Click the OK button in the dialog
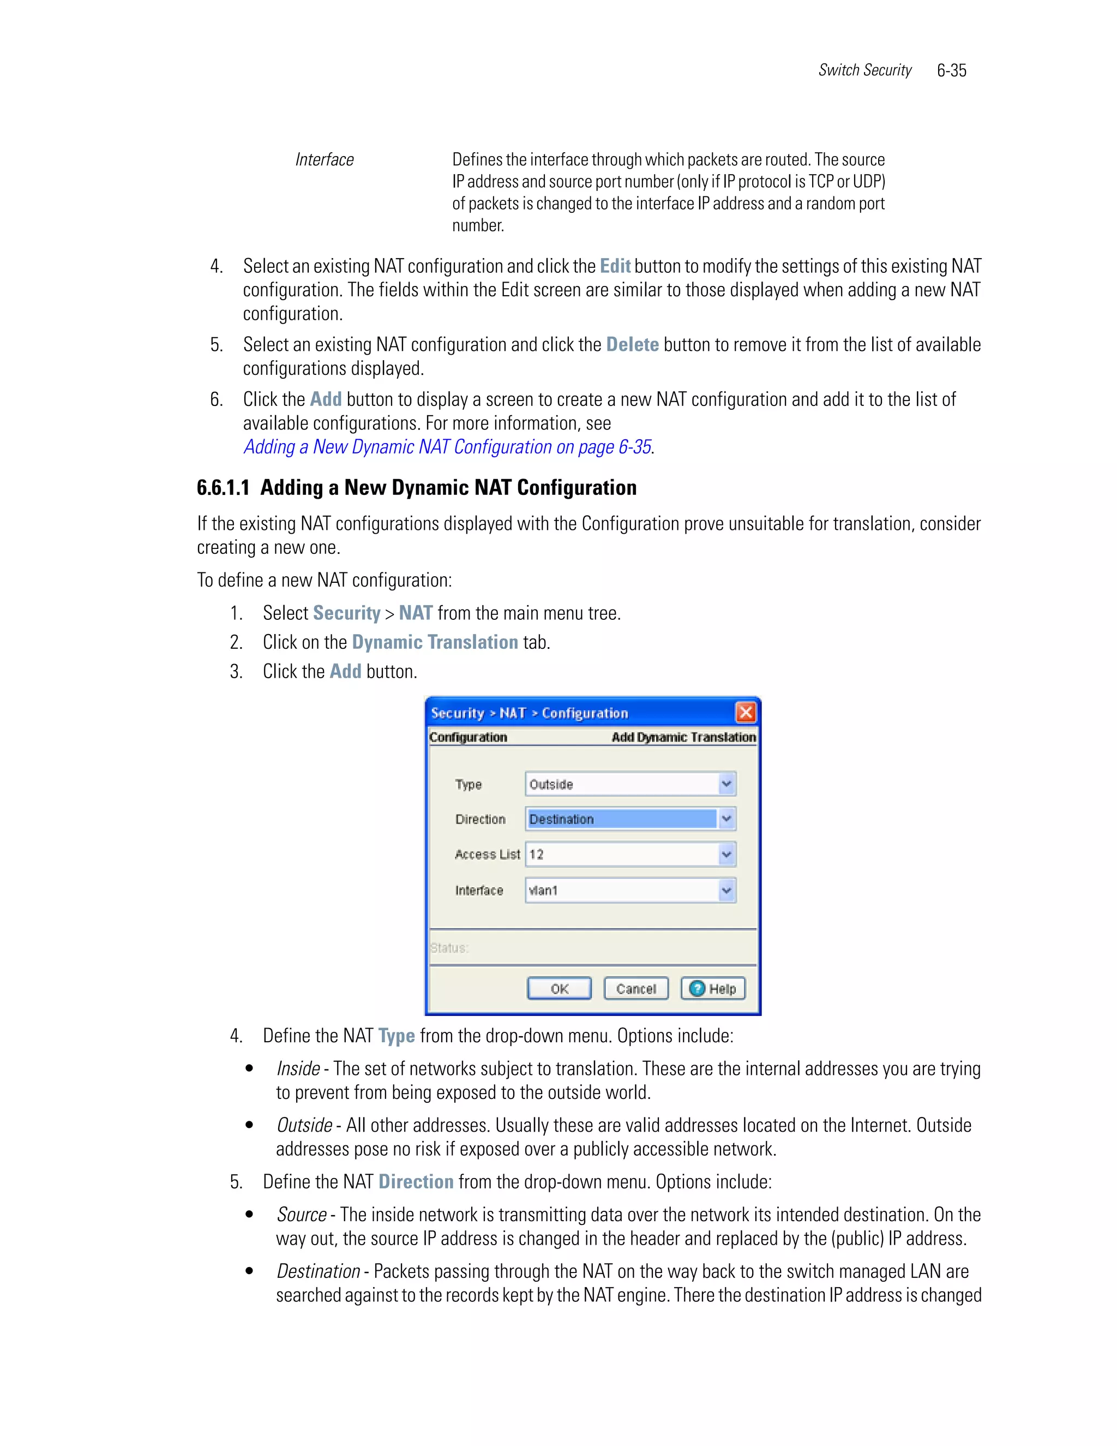[x=559, y=989]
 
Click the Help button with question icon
[x=713, y=989]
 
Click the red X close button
[x=746, y=713]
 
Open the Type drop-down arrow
[x=726, y=784]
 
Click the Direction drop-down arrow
[x=726, y=819]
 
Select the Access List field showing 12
[x=622, y=854]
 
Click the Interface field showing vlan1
[x=622, y=891]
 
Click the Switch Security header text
[x=864, y=70]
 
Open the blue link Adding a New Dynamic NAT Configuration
[x=447, y=447]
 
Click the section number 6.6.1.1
[x=223, y=488]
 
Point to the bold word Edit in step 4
[x=615, y=266]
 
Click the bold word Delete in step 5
[x=632, y=345]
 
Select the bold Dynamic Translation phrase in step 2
[x=435, y=642]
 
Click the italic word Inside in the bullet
[x=298, y=1068]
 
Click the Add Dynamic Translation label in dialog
[x=683, y=737]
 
